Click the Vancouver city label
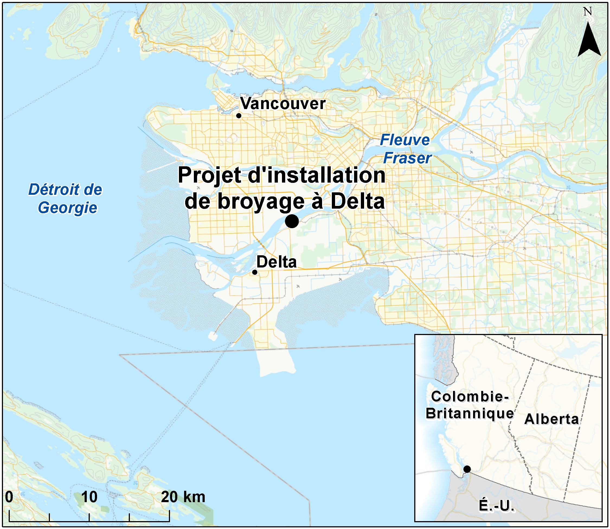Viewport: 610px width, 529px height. click(x=282, y=104)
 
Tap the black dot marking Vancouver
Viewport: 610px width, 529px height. click(x=239, y=116)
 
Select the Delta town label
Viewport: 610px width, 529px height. click(x=276, y=262)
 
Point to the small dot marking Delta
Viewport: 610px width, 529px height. click(x=255, y=272)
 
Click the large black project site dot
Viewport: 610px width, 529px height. click(x=292, y=221)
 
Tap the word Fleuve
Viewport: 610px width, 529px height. click(x=405, y=140)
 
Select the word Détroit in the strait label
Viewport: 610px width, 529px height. click(x=54, y=190)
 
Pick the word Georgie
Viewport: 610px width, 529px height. click(x=68, y=208)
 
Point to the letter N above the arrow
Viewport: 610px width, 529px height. click(x=587, y=12)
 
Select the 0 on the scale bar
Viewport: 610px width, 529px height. click(x=9, y=497)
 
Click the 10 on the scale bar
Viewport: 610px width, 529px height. click(x=89, y=497)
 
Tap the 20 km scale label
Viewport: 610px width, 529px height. click(x=183, y=497)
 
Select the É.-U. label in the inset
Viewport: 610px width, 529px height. click(x=496, y=506)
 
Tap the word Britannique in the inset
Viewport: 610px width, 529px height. click(x=470, y=413)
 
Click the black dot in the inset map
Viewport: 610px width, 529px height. click(x=467, y=469)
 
